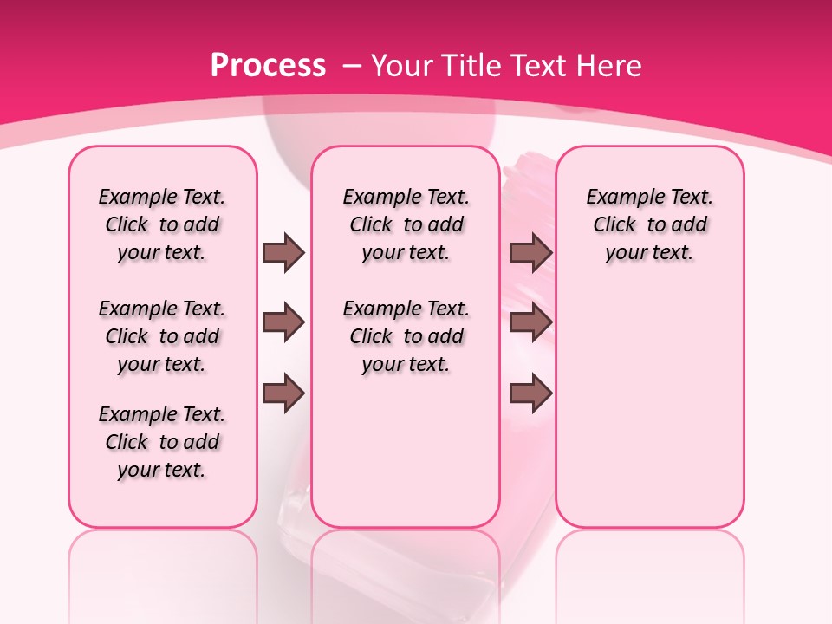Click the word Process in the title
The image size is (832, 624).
point(269,66)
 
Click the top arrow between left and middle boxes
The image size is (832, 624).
point(283,252)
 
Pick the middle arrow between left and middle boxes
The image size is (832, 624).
point(283,322)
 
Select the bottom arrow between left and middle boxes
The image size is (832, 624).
point(283,393)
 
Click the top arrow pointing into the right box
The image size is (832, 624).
point(530,252)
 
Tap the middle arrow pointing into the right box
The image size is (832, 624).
point(530,322)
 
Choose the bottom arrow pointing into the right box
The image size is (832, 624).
point(530,393)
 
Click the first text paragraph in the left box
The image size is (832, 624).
point(162,224)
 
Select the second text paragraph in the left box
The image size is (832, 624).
point(162,336)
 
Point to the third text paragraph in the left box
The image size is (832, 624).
point(162,442)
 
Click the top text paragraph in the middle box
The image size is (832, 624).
point(406,224)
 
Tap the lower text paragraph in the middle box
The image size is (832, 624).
point(406,336)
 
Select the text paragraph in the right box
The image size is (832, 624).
point(649,224)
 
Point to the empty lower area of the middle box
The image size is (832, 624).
point(406,451)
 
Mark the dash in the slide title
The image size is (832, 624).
point(353,66)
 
